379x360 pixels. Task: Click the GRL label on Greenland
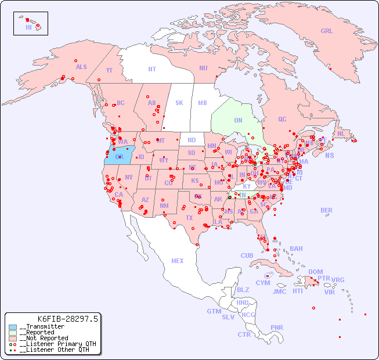[327, 31]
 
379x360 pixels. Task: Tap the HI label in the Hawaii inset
[28, 27]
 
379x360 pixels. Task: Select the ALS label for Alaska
[81, 67]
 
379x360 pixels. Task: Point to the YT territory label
[109, 71]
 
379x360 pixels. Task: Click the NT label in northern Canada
[152, 69]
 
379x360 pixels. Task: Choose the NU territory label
[203, 69]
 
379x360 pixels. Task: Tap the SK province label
[179, 103]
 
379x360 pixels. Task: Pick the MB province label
[203, 103]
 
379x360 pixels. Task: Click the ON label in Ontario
[238, 121]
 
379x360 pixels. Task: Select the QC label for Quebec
[282, 120]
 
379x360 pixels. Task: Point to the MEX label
[178, 261]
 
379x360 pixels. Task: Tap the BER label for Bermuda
[327, 210]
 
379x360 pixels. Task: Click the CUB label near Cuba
[247, 256]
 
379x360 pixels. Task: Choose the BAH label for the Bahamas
[296, 249]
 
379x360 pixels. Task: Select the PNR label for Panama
[277, 328]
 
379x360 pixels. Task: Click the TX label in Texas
[189, 218]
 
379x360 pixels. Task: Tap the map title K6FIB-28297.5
[68, 319]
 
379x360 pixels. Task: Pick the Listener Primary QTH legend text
[54, 344]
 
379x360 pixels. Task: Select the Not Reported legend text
[44, 338]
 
